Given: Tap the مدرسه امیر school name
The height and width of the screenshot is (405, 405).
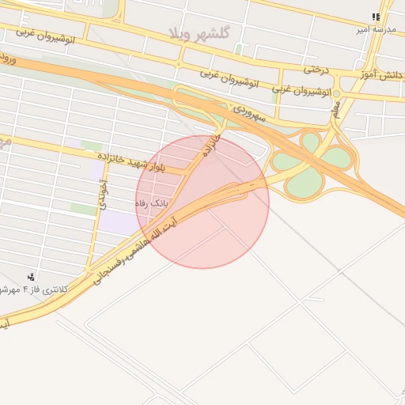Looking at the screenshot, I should point(377,29).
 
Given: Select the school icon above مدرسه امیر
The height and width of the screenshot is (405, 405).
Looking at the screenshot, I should point(376,17).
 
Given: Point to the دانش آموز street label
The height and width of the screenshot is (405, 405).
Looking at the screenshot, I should point(382,76).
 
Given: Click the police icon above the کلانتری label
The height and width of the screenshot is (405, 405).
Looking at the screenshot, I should point(30,276).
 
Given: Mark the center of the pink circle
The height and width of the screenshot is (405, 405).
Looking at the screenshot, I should point(202,202).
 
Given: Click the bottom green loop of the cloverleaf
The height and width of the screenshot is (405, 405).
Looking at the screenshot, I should point(303,183).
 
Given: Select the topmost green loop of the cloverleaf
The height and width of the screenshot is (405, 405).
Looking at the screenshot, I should point(311,142).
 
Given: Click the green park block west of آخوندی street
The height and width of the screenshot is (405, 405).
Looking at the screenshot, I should point(82,209).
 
